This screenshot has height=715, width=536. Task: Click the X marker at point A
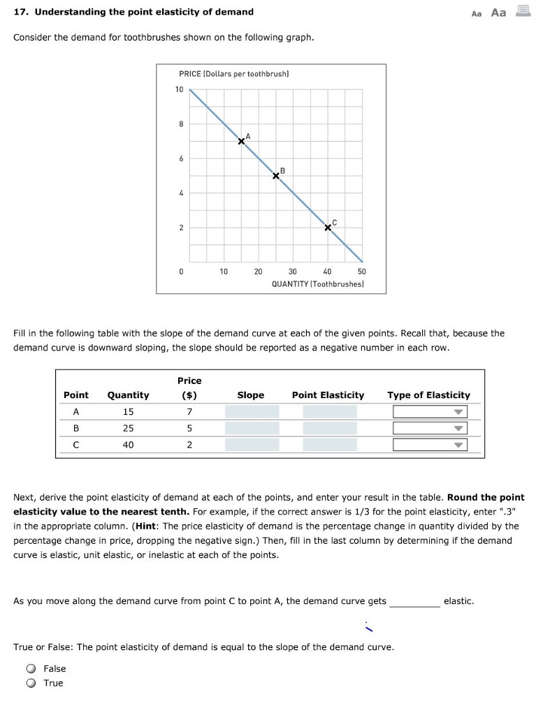[241, 141]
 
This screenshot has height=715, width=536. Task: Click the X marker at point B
[276, 176]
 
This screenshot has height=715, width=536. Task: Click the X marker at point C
[328, 228]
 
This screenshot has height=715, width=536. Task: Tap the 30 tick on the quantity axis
[292, 272]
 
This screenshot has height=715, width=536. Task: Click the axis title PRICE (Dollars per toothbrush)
[234, 73]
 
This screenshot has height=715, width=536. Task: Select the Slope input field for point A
[252, 412]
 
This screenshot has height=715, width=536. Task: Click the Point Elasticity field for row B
[329, 428]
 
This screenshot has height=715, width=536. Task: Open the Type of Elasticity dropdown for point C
[429, 445]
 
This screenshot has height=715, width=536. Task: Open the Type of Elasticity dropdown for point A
[429, 412]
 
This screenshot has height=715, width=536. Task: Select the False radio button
[31, 669]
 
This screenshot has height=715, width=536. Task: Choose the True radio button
[31, 684]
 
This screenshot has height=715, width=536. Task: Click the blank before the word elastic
[414, 602]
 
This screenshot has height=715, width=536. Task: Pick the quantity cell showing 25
[128, 428]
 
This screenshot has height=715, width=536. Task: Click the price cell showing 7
[189, 412]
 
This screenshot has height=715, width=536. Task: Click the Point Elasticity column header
[328, 395]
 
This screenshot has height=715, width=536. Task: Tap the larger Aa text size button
[498, 13]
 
